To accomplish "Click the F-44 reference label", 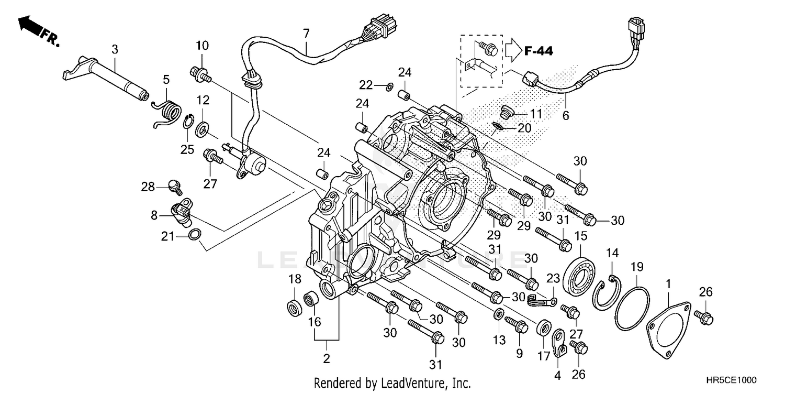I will coord(538,51).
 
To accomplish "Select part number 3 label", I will coord(115,49).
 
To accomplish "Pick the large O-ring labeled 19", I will coord(632,309).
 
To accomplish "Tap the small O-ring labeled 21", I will coord(194,234).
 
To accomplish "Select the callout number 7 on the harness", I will coord(306,33).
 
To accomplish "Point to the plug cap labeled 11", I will coord(505,111).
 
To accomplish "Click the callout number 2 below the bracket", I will coord(327,359).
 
